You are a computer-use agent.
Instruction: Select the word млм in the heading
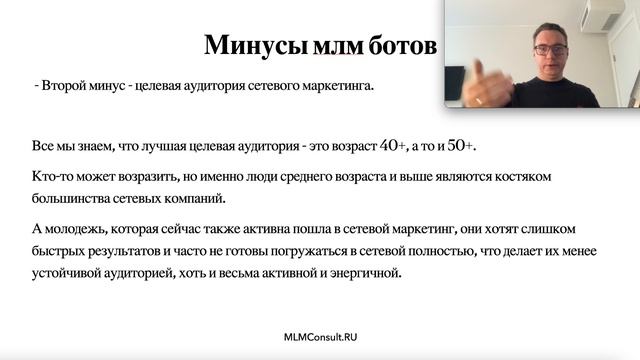pyautogui.click(x=329, y=46)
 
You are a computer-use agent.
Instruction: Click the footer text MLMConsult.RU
pyautogui.click(x=320, y=338)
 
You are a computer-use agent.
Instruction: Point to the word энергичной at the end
pyautogui.click(x=367, y=274)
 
